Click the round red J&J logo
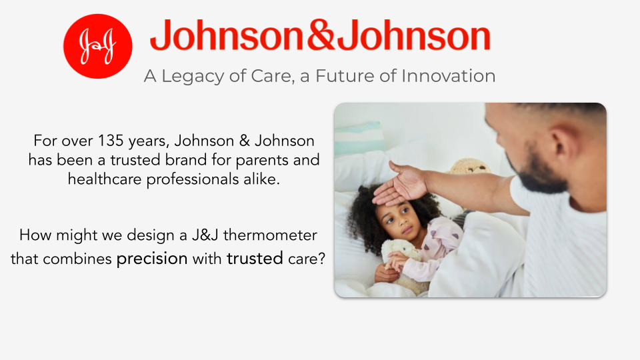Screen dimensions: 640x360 click(97, 46)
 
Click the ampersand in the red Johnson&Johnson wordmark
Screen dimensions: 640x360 click(321, 35)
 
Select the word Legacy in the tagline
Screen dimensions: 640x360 click(193, 76)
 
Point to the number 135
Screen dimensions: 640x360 click(111, 141)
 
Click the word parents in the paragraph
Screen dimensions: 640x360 click(262, 161)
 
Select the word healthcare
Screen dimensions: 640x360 click(105, 179)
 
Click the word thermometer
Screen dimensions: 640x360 click(270, 235)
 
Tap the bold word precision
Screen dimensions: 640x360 click(152, 259)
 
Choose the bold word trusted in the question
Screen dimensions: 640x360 click(255, 259)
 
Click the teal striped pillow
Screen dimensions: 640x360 click(359, 138)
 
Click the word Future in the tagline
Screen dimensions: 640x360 click(345, 76)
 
